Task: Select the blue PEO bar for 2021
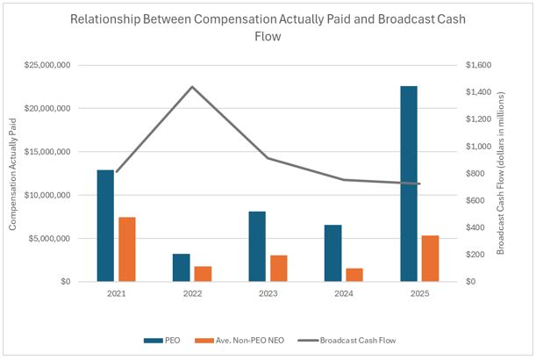pos(105,226)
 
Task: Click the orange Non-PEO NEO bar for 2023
pos(278,269)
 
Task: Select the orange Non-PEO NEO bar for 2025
pos(430,258)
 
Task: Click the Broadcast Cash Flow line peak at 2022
pos(192,87)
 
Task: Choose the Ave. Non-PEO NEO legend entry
pos(232,339)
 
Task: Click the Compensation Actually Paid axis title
pos(14,173)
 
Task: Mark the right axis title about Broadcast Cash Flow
pos(501,173)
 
